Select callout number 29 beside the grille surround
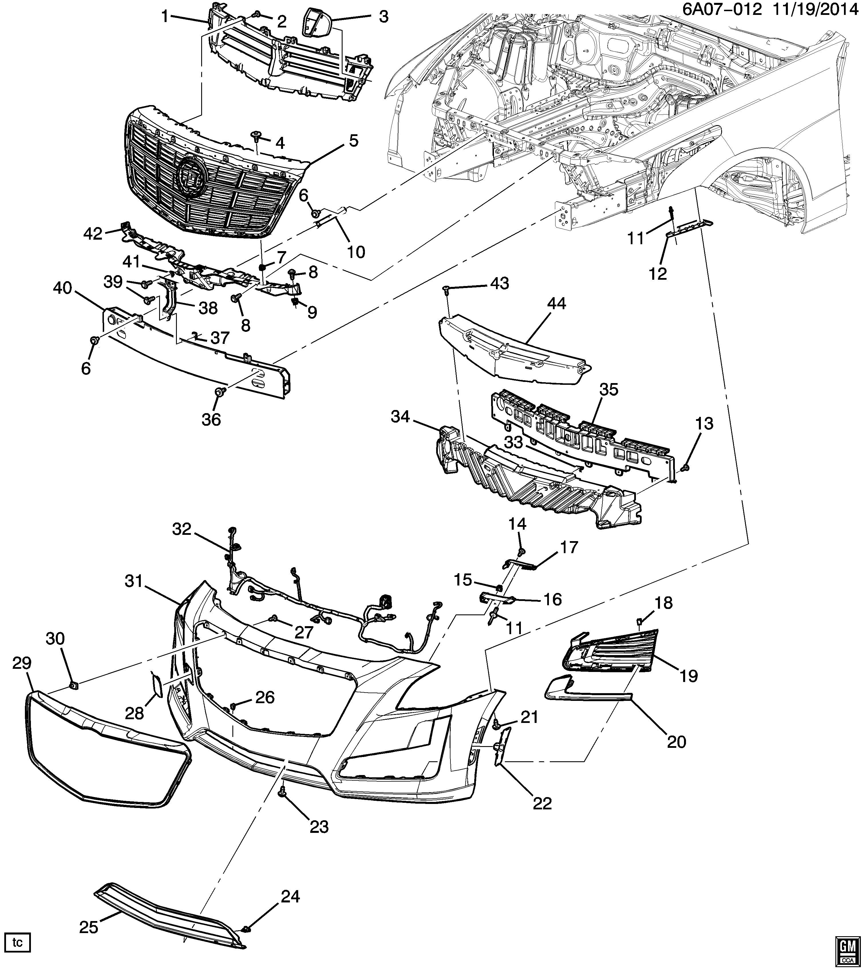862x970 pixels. pos(22,663)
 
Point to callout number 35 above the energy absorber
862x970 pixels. pos(609,390)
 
